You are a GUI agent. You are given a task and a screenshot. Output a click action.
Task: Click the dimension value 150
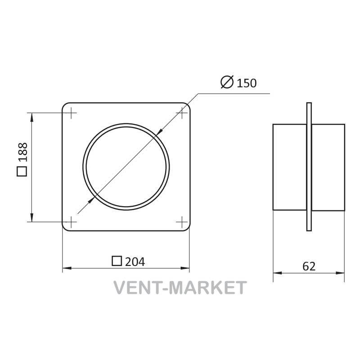246,83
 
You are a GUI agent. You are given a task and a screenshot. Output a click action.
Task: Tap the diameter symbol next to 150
227,82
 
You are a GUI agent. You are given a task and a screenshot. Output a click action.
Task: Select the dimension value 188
23,152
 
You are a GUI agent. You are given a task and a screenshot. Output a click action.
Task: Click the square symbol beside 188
22,171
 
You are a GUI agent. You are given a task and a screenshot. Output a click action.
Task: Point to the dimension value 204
135,262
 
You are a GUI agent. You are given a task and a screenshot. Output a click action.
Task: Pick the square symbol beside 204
117,261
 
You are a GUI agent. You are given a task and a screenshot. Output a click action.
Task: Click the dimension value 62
309,266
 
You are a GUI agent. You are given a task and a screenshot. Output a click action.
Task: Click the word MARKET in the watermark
207,288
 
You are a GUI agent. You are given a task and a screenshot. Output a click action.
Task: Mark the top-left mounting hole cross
72,113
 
